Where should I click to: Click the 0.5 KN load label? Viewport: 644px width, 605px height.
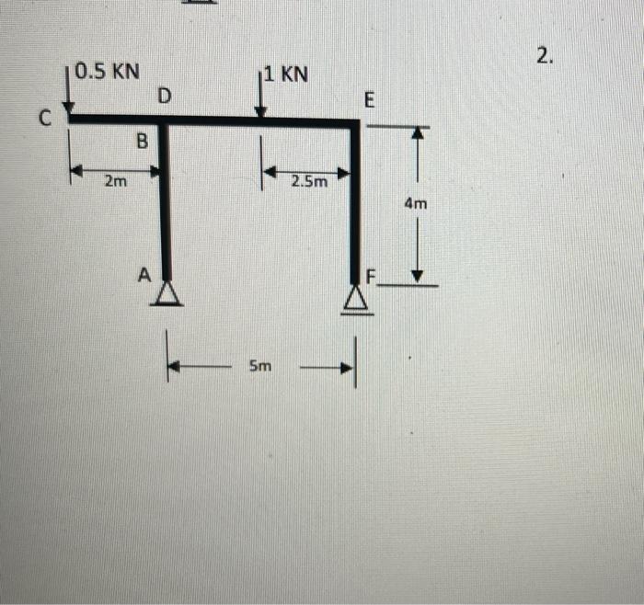(109, 71)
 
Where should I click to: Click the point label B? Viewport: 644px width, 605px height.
(142, 142)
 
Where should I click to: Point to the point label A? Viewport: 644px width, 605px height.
(144, 274)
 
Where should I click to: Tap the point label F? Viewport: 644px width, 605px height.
(373, 275)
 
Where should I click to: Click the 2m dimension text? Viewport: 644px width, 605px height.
(116, 182)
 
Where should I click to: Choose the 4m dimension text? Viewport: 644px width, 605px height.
(416, 204)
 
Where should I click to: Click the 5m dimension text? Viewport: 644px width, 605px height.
(260, 367)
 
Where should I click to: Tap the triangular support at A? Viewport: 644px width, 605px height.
(167, 293)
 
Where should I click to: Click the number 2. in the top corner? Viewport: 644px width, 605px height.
(546, 57)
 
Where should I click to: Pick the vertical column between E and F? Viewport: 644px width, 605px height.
(355, 202)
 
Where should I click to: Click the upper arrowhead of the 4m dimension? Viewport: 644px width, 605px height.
(419, 133)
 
